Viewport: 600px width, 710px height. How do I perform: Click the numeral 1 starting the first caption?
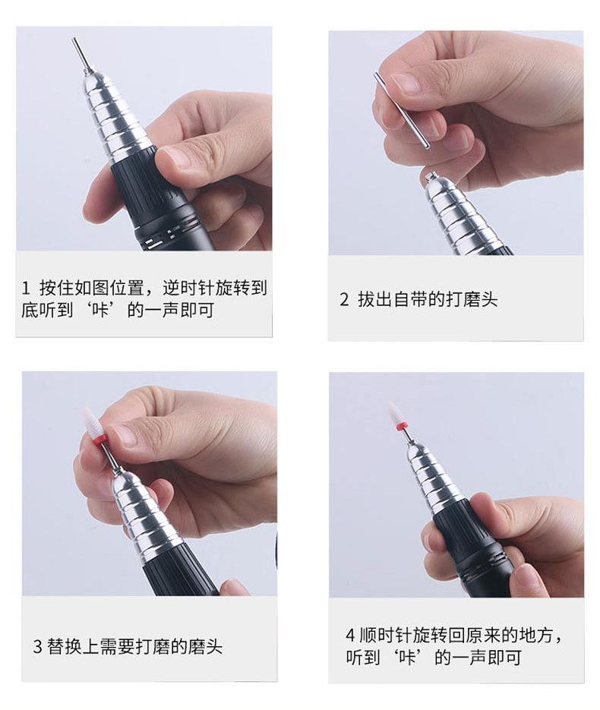(25, 288)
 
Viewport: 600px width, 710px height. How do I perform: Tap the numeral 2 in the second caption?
(344, 299)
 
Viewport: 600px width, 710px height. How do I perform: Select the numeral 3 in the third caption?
(37, 646)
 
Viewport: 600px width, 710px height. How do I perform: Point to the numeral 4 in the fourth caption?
(350, 635)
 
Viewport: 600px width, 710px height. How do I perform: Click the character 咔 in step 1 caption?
(99, 310)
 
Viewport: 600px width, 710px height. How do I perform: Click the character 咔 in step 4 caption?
(406, 657)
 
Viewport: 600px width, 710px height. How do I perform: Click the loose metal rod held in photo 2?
(402, 109)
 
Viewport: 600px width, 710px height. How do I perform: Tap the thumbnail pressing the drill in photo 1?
(171, 156)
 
